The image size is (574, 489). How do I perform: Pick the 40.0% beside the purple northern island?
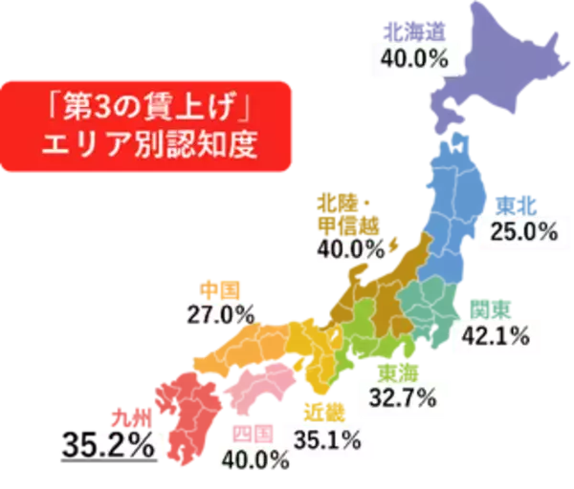(414, 57)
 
